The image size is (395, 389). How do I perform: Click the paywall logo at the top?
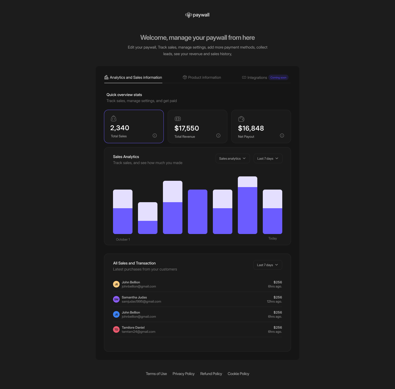point(197,15)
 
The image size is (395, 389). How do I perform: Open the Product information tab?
point(202,78)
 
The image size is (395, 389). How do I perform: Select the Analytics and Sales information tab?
point(133,78)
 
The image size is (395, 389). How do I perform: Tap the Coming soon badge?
point(278,78)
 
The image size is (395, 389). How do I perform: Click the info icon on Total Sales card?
point(155,136)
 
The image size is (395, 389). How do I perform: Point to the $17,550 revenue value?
point(187,128)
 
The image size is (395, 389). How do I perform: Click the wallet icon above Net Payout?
point(241,119)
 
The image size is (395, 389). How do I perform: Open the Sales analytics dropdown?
point(232,159)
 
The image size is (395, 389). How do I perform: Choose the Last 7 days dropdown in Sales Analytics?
point(268,159)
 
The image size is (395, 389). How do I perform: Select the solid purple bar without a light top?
point(198,212)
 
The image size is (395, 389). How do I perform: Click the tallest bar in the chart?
point(247,205)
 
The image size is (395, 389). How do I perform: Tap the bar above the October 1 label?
point(123,212)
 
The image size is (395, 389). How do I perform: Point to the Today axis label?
point(272,238)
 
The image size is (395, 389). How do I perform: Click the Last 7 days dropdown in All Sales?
point(267,265)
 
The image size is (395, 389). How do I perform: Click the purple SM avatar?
point(116,299)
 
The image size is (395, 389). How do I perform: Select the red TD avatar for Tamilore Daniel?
point(116,329)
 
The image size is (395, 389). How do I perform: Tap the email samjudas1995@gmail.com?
point(141,301)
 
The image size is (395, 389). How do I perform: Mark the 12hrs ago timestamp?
point(274,301)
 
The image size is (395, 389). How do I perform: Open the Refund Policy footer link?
point(211,374)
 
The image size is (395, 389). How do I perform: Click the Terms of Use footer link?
point(156,374)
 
